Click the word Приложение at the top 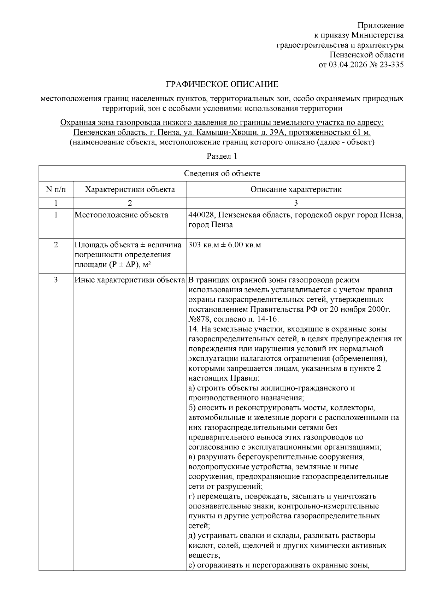coord(381,25)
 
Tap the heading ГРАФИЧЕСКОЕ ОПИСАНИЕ coord(222,84)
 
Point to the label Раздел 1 coord(222,156)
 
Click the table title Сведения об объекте coord(222,173)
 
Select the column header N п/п coord(56,189)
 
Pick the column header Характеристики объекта coord(130,189)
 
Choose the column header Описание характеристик coord(296,189)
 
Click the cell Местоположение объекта coord(121,215)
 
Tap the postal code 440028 coord(200,215)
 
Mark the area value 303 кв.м coord(202,245)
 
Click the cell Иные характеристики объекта coord(130,280)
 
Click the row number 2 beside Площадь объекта coord(56,245)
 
